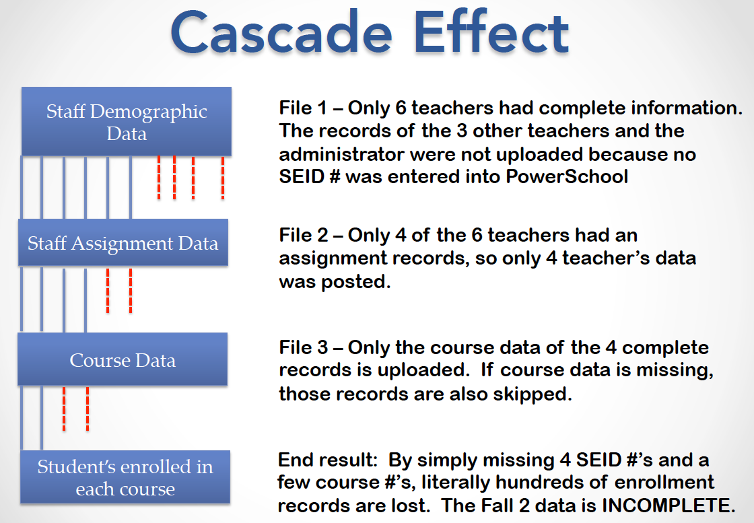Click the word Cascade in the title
(281, 32)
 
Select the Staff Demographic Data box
(127, 122)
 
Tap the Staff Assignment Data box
(123, 243)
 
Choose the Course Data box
(123, 359)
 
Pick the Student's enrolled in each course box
(125, 477)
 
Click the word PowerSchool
(567, 177)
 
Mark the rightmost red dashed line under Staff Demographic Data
(223, 178)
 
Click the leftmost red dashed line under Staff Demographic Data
(159, 178)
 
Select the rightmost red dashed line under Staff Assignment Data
(131, 291)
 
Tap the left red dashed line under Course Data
(64, 409)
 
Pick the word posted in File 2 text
(355, 282)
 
